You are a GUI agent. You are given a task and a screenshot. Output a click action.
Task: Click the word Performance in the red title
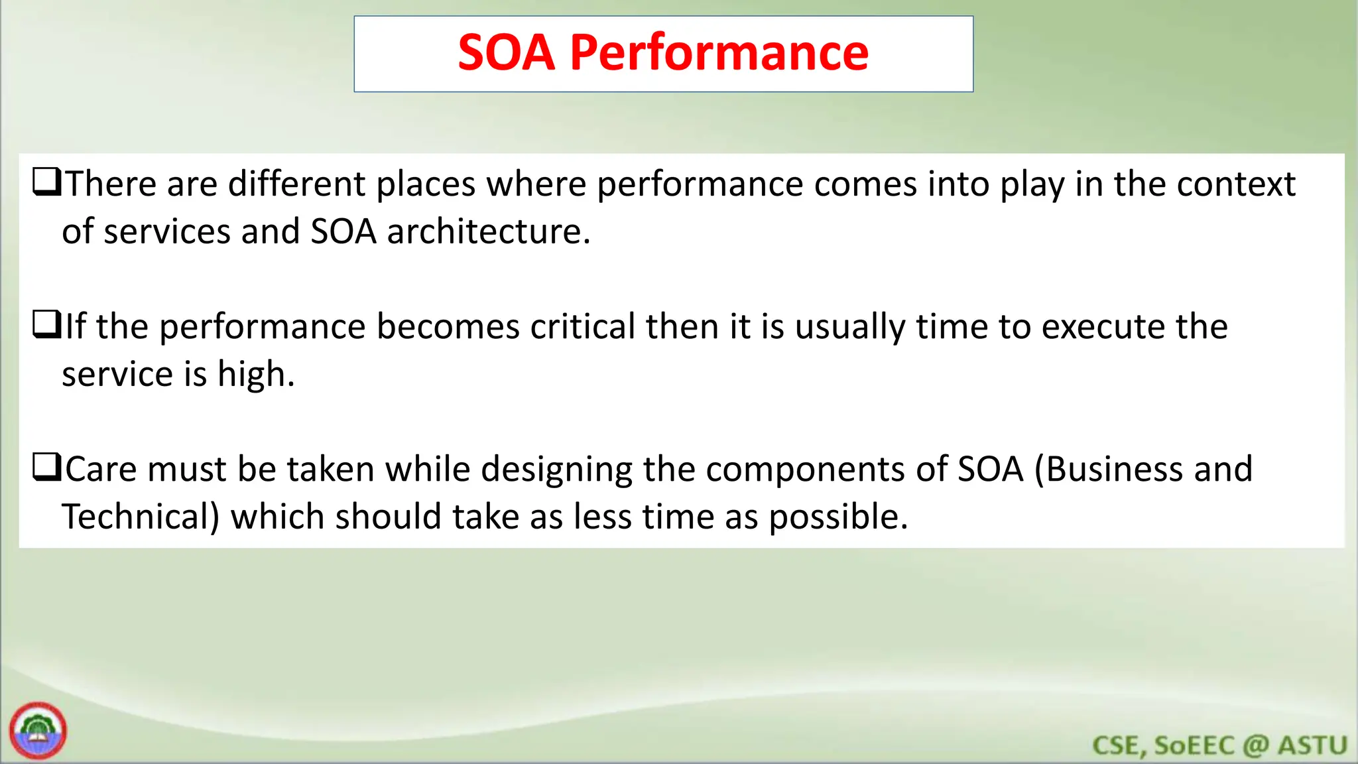[x=719, y=53]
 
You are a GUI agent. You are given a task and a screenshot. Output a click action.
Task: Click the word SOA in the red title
[x=506, y=53]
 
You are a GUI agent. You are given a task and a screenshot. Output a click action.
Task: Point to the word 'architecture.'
[x=489, y=232]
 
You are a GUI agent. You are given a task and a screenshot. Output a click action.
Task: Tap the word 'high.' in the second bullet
[x=256, y=375]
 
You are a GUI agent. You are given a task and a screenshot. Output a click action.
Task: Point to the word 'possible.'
[x=838, y=517]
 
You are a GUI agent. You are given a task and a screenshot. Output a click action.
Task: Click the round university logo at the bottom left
[x=38, y=730]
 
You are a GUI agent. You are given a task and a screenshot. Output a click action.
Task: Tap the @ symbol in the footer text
[x=1255, y=745]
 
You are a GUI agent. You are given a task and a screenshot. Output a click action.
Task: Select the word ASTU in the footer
[x=1312, y=745]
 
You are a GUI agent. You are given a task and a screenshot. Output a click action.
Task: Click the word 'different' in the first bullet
[x=296, y=184]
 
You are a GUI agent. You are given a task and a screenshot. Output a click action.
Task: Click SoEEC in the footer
[x=1194, y=745]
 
